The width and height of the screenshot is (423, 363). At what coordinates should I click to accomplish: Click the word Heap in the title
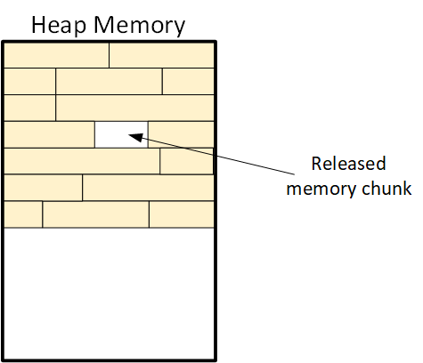coord(59,26)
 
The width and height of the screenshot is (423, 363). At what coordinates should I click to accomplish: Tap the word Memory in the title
coord(139,26)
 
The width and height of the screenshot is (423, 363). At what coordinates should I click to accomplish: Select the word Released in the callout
coord(348,164)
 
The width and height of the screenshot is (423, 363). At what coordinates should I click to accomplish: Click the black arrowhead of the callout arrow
coord(135,137)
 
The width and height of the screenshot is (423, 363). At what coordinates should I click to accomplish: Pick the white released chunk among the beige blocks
coord(121,134)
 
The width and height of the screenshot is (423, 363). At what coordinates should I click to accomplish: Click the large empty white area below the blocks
coord(109,293)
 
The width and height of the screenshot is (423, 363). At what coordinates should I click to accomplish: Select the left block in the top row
coord(56,55)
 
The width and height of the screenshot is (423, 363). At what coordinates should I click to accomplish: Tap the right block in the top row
coord(161,55)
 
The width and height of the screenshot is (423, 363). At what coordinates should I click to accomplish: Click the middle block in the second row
coord(109,81)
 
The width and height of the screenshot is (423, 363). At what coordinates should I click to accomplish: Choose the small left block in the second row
coord(29,81)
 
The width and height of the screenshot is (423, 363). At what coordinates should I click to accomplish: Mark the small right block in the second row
coord(188,81)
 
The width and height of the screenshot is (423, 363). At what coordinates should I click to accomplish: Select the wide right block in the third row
coord(134,108)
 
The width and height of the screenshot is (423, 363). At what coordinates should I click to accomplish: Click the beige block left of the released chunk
coord(49,134)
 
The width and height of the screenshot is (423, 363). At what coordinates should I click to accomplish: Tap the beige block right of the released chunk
coord(181,134)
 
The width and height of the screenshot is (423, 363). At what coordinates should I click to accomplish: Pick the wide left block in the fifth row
coord(82,161)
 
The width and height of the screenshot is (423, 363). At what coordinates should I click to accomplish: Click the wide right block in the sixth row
coord(148,188)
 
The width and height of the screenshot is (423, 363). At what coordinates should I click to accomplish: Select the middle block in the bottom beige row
coord(95,214)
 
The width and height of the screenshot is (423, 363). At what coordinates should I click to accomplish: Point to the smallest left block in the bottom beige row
coord(23,214)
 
